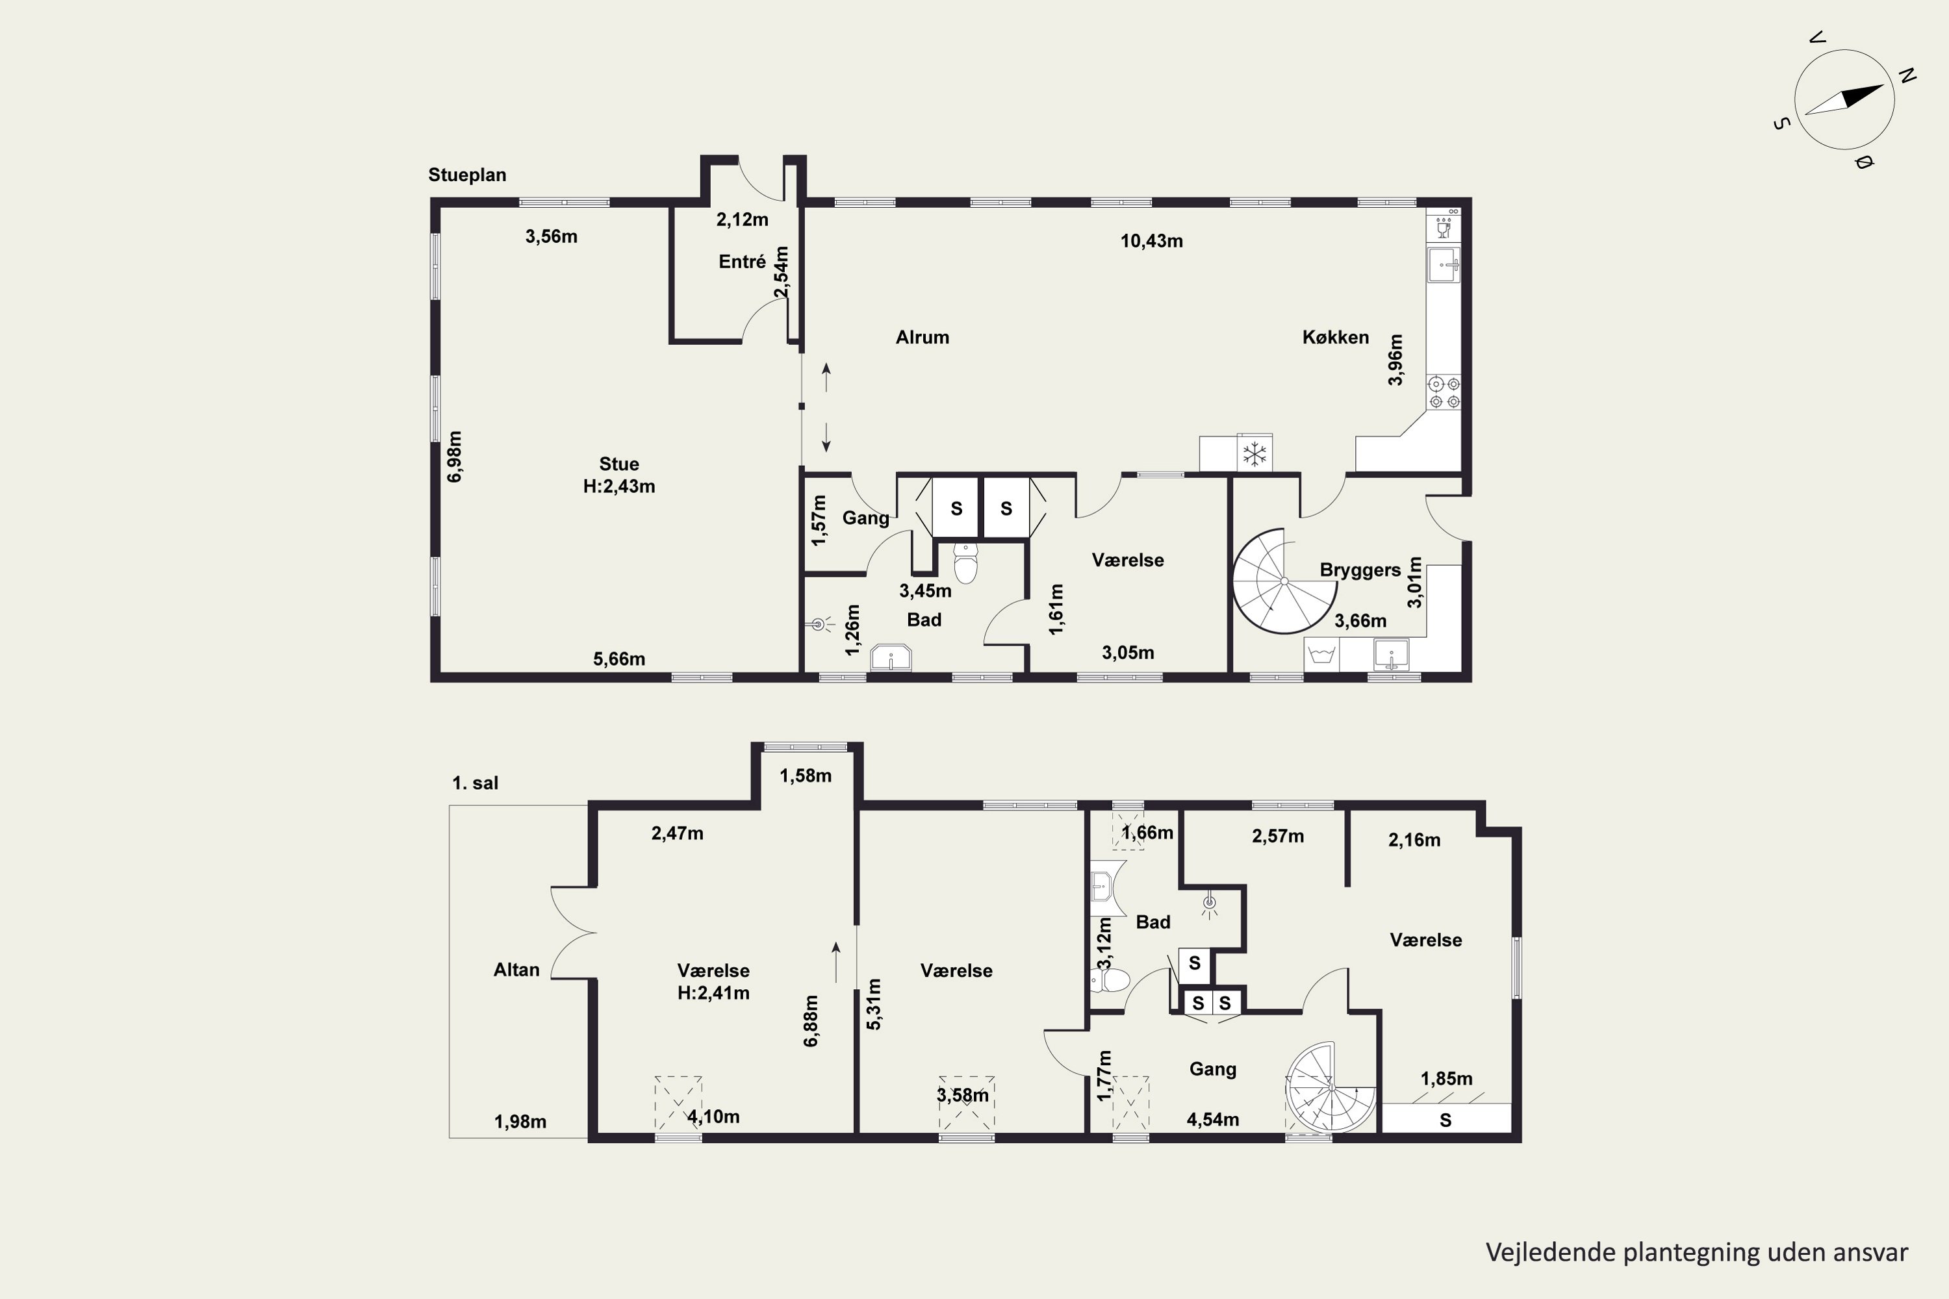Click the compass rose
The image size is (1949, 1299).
1844,99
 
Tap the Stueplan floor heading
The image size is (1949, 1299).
467,175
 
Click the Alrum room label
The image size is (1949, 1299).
923,337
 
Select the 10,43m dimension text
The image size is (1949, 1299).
1152,241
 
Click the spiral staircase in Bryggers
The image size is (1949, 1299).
1284,581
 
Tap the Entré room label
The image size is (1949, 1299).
743,262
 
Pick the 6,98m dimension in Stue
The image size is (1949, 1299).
455,457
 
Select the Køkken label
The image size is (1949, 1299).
1336,337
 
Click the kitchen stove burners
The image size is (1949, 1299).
1444,393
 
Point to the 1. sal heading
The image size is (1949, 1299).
475,783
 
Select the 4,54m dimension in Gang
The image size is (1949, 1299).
1213,1120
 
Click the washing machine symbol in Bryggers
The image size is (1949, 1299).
1321,655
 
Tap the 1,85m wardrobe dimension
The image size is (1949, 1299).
1447,1079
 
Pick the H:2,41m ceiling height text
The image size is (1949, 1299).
713,992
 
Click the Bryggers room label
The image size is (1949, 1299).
1360,570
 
